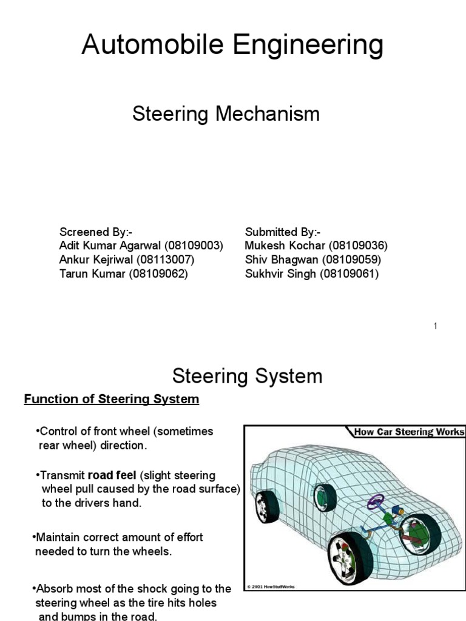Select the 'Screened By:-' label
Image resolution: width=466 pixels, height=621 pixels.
pyautogui.click(x=95, y=232)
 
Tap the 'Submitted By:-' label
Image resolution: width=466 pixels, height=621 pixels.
pyautogui.click(x=283, y=232)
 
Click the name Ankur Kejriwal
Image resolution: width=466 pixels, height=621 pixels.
pyautogui.click(x=96, y=260)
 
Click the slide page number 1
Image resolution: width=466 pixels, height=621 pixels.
pyautogui.click(x=435, y=327)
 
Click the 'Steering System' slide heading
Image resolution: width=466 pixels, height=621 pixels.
pyautogui.click(x=247, y=377)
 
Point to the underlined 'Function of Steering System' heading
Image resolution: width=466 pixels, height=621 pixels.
pyautogui.click(x=111, y=399)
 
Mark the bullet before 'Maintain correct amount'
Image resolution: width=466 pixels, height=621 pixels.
pyautogui.click(x=34, y=537)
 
